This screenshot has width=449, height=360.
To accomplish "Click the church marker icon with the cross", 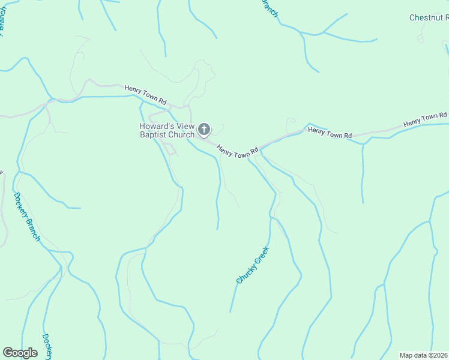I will click(204, 129).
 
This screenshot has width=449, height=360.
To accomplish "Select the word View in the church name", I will click(181, 126).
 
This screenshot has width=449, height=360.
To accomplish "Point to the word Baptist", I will click(149, 135).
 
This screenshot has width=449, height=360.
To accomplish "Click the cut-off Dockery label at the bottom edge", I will click(47, 347).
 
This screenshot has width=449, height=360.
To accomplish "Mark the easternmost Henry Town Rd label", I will click(425, 119).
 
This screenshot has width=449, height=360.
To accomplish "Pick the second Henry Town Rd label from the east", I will click(330, 132).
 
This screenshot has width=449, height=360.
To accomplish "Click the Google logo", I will click(20, 353).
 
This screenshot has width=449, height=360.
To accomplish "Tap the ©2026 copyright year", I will click(438, 355).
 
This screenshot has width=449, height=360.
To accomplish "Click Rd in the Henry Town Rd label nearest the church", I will click(254, 150).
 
